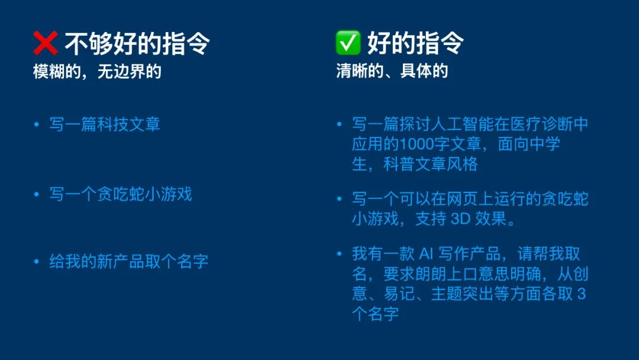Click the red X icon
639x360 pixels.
tap(45, 43)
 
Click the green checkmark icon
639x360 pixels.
tap(348, 43)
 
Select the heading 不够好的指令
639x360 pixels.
tap(137, 43)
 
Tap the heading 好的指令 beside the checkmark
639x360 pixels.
tap(415, 43)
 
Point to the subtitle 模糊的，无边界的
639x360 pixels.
tap(97, 72)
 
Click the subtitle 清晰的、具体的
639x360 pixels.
tap(392, 71)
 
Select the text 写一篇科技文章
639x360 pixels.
tap(105, 124)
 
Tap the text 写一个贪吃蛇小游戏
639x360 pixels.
tap(121, 194)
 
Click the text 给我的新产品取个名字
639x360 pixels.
tap(129, 261)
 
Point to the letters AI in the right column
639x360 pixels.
tap(426, 254)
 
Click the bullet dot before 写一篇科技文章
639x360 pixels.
tap(37, 124)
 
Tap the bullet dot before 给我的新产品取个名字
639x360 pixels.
tap(37, 261)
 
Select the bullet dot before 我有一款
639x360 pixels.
tap(339, 253)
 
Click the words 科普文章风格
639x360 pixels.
tap(430, 164)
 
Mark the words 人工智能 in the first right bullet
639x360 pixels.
tap(462, 124)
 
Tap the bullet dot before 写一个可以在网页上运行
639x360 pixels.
tap(339, 199)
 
